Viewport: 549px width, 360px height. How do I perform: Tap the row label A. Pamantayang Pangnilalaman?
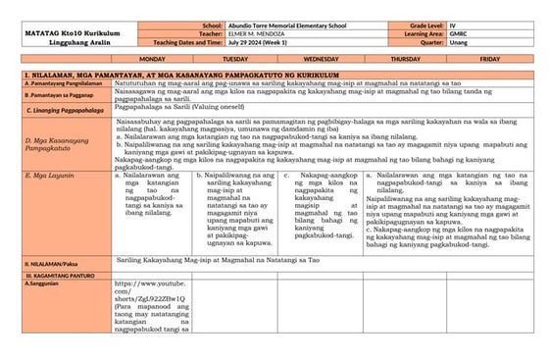click(x=56, y=85)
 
